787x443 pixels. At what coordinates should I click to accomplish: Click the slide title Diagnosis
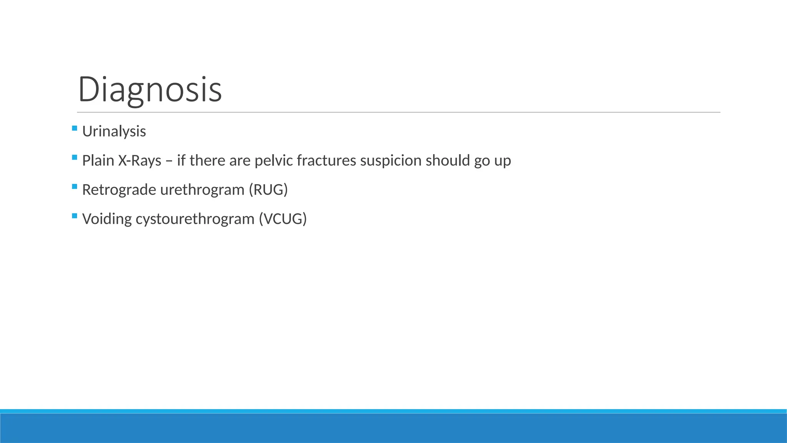pyautogui.click(x=150, y=89)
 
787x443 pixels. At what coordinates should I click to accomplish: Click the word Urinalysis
pyautogui.click(x=114, y=132)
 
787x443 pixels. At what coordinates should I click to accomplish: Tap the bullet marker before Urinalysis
pyautogui.click(x=75, y=128)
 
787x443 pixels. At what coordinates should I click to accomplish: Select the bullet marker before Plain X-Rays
pyautogui.click(x=75, y=157)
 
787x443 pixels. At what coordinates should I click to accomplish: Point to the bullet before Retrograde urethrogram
pyautogui.click(x=75, y=187)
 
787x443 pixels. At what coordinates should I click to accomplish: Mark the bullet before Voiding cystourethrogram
pyautogui.click(x=75, y=216)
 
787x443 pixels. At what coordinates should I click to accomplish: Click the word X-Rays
pyautogui.click(x=139, y=161)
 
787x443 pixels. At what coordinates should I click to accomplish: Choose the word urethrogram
pyautogui.click(x=202, y=190)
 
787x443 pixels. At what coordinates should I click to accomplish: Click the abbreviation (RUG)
pyautogui.click(x=268, y=190)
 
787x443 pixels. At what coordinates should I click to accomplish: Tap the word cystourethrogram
pyautogui.click(x=195, y=219)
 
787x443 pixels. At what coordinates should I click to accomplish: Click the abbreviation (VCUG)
pyautogui.click(x=283, y=219)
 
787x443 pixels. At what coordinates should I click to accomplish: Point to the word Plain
pyautogui.click(x=98, y=161)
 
